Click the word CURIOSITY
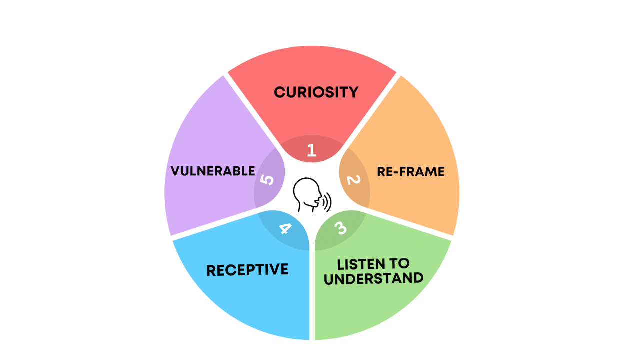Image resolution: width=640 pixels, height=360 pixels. (x=316, y=92)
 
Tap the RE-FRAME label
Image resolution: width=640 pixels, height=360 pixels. (x=410, y=172)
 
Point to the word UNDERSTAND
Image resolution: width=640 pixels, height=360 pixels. (x=373, y=278)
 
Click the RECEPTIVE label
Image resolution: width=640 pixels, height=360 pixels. (x=247, y=270)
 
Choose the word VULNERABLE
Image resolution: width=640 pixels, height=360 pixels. (x=213, y=171)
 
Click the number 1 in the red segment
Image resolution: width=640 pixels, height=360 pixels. (x=311, y=150)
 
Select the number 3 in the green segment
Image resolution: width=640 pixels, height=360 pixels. (x=340, y=228)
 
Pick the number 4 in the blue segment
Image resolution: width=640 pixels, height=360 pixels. (x=284, y=229)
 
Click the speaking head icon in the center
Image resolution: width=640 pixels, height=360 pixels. (x=306, y=195)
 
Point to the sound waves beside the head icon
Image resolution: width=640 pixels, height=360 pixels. (x=327, y=203)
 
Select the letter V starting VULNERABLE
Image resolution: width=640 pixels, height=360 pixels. (x=175, y=171)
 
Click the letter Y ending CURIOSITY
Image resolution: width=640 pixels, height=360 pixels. (x=353, y=92)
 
